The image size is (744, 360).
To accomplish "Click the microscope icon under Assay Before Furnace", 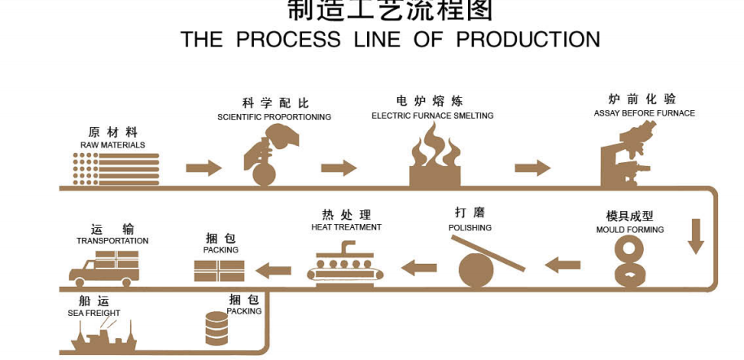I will (629, 155).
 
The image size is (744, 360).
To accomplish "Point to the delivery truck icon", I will (104, 267).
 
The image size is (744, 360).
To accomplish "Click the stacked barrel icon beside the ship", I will (217, 328).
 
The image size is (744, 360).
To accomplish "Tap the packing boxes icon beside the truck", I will (219, 270).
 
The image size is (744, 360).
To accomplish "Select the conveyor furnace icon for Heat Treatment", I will (345, 267).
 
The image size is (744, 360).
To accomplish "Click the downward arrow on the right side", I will (695, 236).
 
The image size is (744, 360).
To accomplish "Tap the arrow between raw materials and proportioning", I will (204, 169).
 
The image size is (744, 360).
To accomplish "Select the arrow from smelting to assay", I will (532, 168).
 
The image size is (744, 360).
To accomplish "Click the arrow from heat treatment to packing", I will (274, 270).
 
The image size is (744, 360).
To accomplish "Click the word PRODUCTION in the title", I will (527, 39).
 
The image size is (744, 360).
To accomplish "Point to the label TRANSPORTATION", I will (112, 241).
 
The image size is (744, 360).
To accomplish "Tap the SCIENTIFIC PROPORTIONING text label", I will (274, 117).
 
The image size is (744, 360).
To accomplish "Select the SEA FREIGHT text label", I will (94, 313).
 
